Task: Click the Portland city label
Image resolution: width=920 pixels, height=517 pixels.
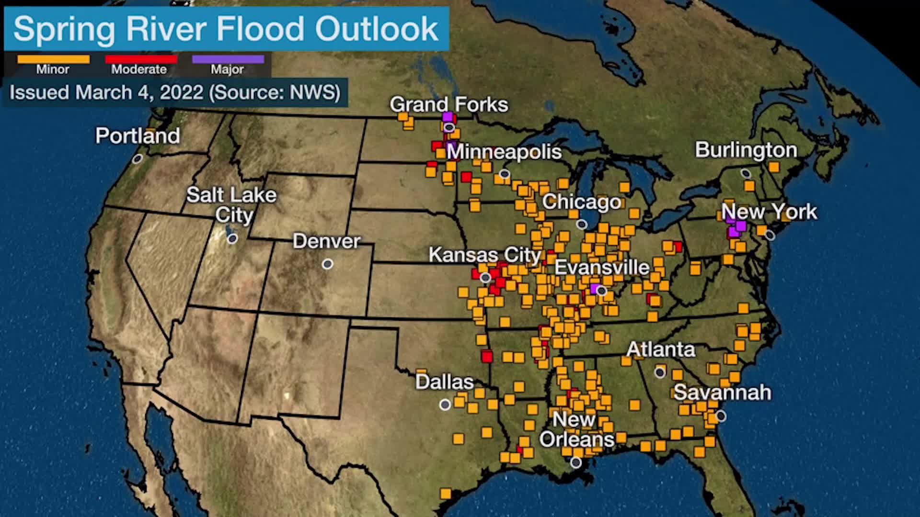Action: (x=138, y=136)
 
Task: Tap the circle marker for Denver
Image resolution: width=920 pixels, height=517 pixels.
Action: (x=327, y=264)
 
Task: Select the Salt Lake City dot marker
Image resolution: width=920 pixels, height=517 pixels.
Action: (x=232, y=238)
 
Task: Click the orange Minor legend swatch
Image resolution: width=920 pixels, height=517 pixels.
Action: (x=53, y=59)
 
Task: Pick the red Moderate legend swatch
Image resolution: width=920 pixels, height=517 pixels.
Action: (x=141, y=59)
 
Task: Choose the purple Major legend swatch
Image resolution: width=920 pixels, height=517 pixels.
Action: (x=228, y=59)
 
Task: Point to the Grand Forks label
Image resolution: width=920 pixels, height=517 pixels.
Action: (x=448, y=104)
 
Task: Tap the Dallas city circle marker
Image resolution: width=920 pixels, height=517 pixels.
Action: (x=445, y=405)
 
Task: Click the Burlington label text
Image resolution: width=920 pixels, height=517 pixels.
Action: (x=746, y=150)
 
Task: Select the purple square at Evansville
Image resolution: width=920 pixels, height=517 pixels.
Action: (x=594, y=289)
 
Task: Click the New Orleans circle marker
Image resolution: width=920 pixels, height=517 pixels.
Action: (x=576, y=462)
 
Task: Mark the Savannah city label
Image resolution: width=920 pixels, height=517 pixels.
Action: (x=722, y=393)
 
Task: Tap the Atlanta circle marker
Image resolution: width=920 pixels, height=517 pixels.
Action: (x=660, y=372)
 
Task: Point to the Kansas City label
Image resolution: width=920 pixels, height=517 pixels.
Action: (x=484, y=255)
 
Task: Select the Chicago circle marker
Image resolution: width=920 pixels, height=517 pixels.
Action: (x=582, y=224)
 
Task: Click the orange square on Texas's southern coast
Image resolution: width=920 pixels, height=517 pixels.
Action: (x=446, y=493)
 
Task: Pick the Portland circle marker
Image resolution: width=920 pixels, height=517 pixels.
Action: (x=138, y=158)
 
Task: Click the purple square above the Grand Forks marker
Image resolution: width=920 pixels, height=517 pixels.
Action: (x=448, y=117)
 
